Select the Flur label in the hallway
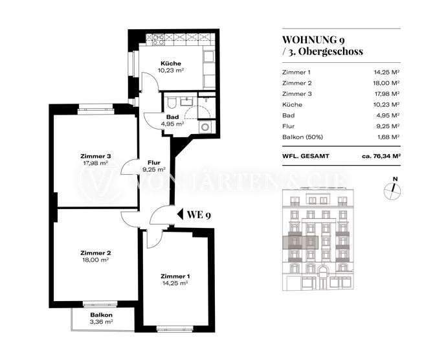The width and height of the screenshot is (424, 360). point(153,163)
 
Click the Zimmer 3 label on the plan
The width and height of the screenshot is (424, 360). point(96,156)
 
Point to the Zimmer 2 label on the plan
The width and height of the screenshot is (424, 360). point(96,253)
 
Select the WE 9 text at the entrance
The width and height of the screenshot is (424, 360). point(199,215)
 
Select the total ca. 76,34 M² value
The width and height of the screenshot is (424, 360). point(381,156)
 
